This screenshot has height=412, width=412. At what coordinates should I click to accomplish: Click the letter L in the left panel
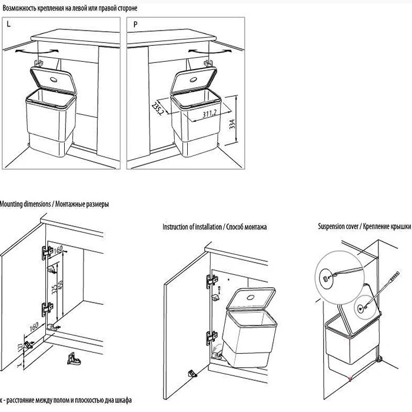pyautogui.click(x=8, y=24)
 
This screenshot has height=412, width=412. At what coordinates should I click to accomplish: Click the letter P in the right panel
pyautogui.click(x=136, y=24)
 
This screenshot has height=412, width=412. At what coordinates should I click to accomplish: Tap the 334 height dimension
pyautogui.click(x=232, y=125)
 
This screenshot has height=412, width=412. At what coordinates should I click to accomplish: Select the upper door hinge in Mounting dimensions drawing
pyautogui.click(x=44, y=253)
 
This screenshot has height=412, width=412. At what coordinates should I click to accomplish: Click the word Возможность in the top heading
pyautogui.click(x=23, y=8)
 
